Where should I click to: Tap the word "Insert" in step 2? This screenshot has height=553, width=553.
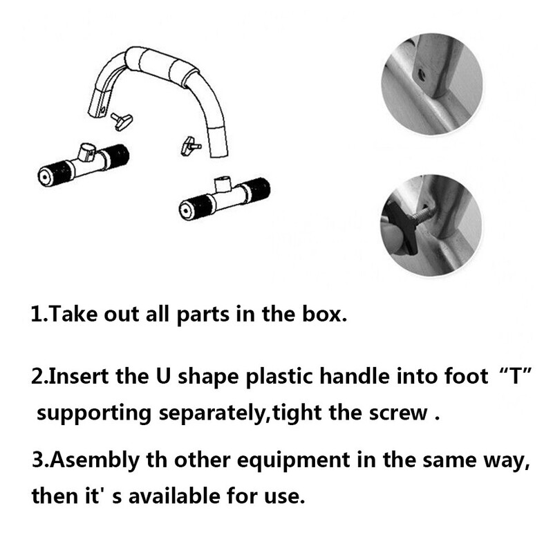pyautogui.click(x=78, y=376)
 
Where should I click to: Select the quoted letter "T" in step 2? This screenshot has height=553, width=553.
pyautogui.click(x=516, y=376)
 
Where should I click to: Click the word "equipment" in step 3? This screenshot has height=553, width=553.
pyautogui.click(x=294, y=460)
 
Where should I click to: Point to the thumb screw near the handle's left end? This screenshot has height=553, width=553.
pyautogui.click(x=122, y=122)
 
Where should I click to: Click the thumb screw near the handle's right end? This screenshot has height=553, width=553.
pyautogui.click(x=191, y=146)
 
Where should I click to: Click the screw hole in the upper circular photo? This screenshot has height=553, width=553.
pyautogui.click(x=421, y=75)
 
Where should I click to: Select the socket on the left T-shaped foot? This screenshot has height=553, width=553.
pyautogui.click(x=86, y=152)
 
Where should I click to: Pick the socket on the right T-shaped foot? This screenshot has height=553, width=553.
pyautogui.click(x=223, y=185)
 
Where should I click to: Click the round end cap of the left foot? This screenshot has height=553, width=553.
pyautogui.click(x=44, y=177)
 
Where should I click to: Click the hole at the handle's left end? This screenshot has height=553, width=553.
pyautogui.click(x=102, y=110)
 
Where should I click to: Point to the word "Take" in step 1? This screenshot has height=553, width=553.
pyautogui.click(x=73, y=314)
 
